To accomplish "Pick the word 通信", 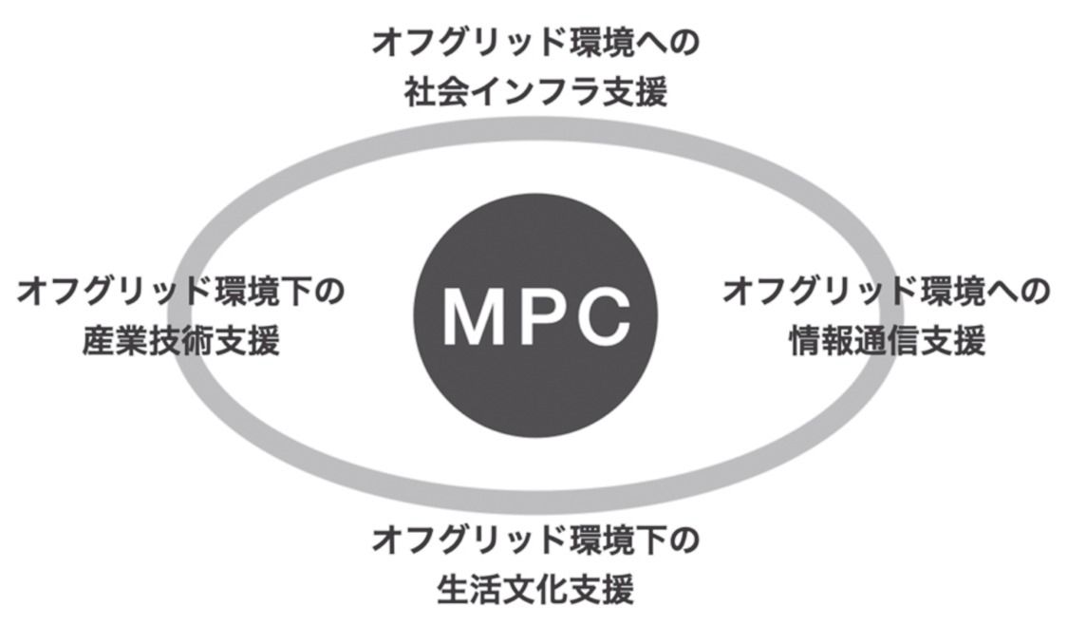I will (887, 341).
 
